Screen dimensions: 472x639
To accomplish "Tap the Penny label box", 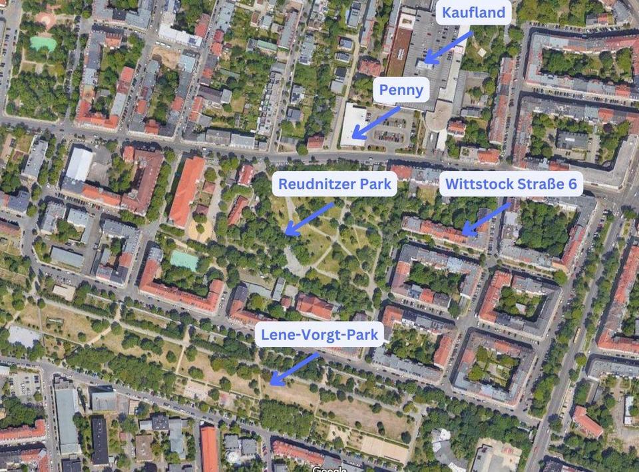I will [401, 89].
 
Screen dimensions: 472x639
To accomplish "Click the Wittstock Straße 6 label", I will [511, 183].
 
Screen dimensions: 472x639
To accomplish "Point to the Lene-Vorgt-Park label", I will [320, 334].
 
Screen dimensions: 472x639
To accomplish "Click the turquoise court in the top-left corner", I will [43, 43].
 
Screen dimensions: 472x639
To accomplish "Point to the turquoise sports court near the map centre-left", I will [184, 260].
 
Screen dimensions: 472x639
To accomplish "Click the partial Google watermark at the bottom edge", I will [329, 468].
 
